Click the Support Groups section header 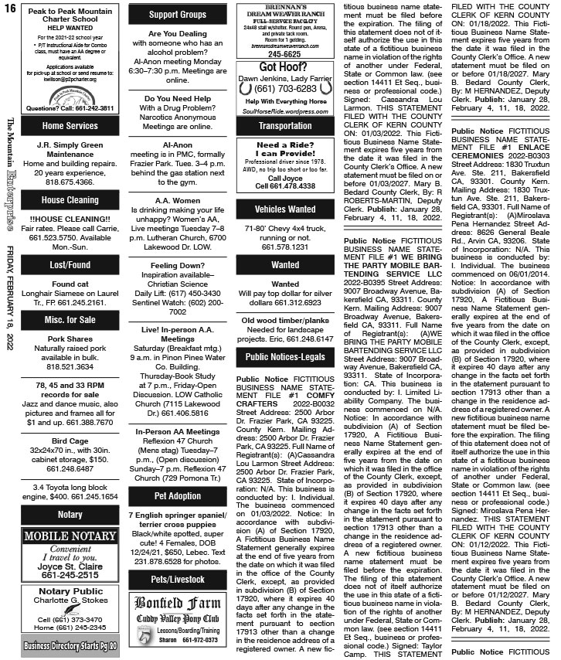pos(177,14)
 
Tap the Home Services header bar pos(70,125)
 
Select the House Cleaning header pos(70,200)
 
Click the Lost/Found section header pos(70,264)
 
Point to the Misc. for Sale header pos(70,320)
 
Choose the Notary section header pos(70,514)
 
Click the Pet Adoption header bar pos(177,495)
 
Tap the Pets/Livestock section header pos(177,556)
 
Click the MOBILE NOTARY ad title pos(70,536)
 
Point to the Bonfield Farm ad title pos(177,580)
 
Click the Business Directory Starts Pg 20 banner pos(70,645)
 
